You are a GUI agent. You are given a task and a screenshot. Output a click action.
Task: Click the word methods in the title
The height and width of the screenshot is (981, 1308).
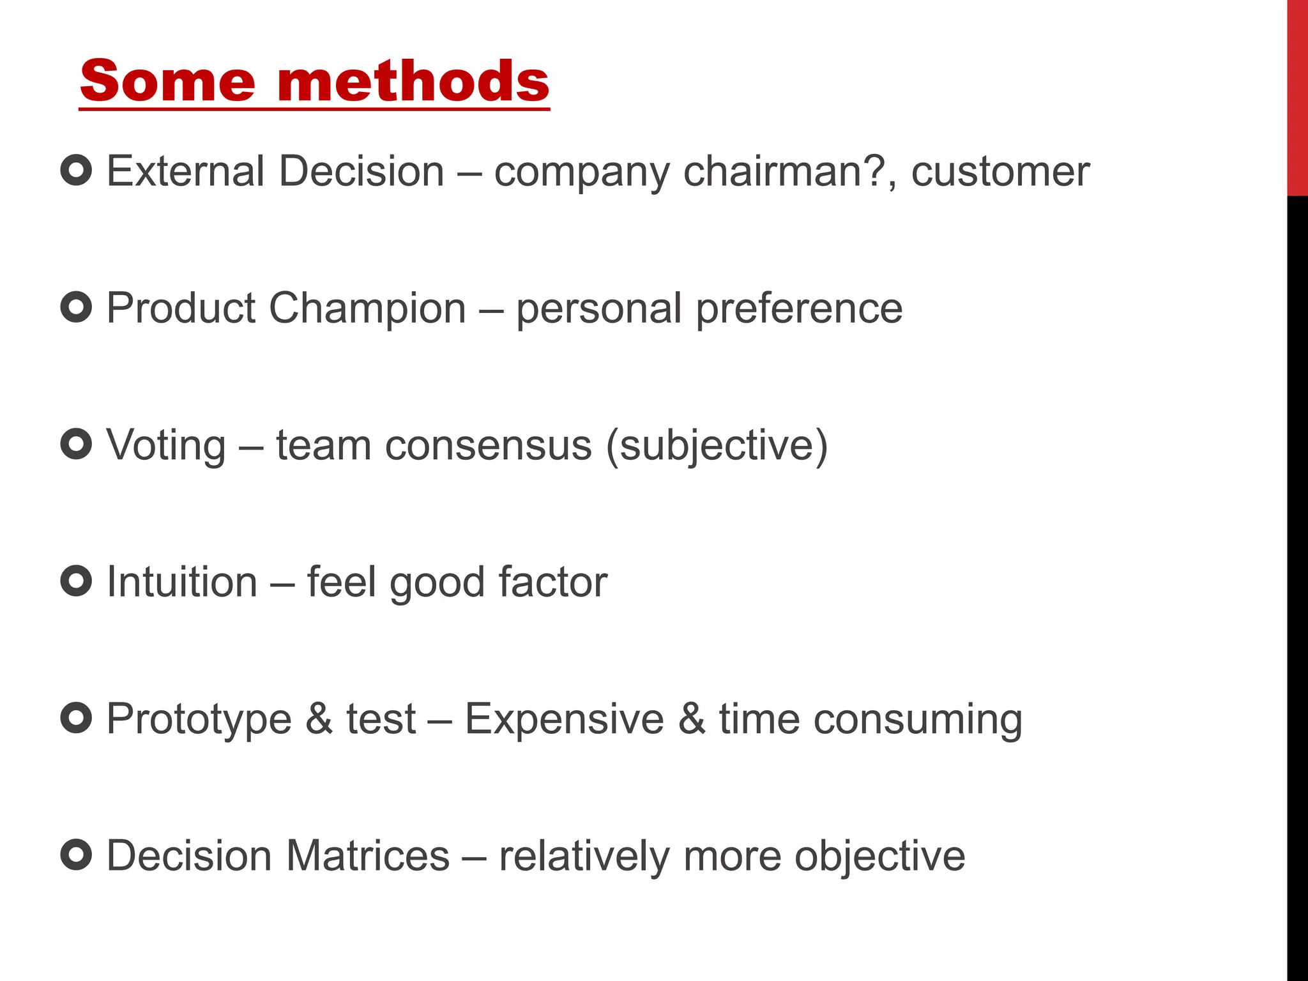point(413,81)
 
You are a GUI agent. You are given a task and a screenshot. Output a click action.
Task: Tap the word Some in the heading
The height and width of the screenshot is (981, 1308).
point(167,81)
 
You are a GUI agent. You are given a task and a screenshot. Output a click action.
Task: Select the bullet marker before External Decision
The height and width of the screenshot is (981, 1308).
point(76,171)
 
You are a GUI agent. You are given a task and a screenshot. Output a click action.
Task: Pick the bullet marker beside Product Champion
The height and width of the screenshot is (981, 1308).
point(76,307)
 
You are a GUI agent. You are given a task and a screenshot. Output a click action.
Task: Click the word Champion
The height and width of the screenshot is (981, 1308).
point(367,308)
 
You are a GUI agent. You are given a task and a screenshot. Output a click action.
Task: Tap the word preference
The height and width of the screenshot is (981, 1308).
point(799,308)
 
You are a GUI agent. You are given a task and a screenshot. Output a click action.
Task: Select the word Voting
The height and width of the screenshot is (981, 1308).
point(166,445)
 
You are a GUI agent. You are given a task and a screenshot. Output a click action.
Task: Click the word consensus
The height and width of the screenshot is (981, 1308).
point(489,445)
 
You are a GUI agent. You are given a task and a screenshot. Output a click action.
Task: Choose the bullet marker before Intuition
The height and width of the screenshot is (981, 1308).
point(76,581)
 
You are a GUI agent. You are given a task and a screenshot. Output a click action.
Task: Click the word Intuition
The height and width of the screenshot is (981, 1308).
point(182,582)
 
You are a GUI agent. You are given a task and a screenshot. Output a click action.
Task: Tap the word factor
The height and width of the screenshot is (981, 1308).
point(553,582)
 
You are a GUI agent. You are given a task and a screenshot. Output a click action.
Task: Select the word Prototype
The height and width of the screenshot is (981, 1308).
point(199,719)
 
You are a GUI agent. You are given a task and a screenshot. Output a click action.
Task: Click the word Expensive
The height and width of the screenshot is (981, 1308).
point(565,719)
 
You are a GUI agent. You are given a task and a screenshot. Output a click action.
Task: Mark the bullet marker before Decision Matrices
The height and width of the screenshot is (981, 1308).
point(76,855)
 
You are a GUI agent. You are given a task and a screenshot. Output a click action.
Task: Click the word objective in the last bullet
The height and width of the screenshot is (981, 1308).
point(879,856)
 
